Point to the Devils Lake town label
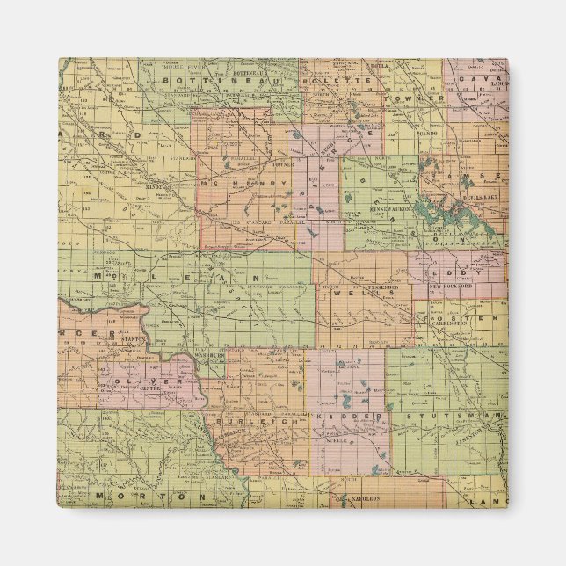click(477, 200)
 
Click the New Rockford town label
click(451, 287)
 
